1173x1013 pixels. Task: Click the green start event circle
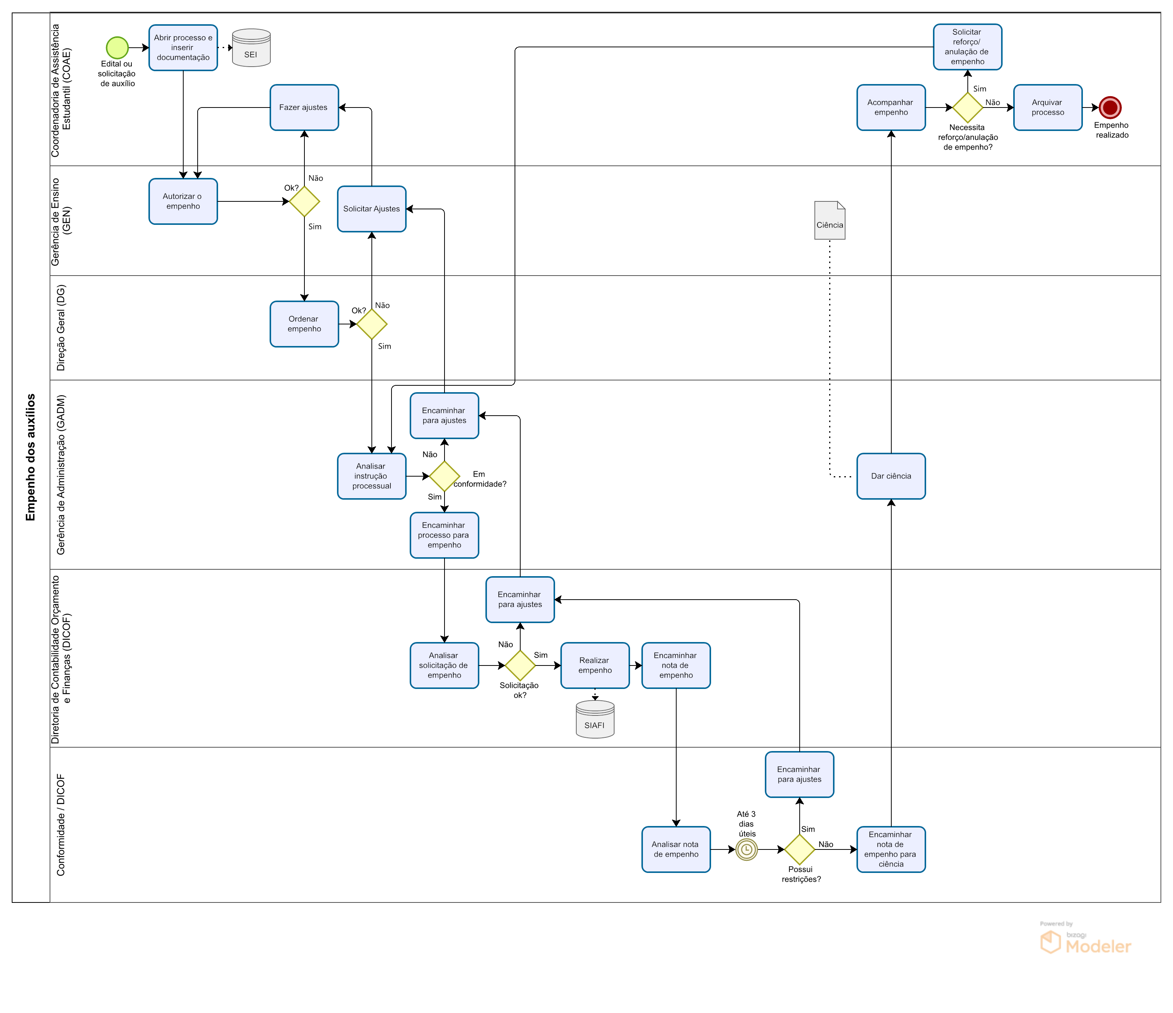point(117,48)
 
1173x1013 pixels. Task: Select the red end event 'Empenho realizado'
point(1110,107)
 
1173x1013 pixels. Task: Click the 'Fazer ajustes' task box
point(304,108)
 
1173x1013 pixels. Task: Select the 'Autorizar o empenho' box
point(183,201)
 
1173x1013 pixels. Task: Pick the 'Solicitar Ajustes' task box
point(371,209)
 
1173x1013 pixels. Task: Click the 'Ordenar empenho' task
point(304,324)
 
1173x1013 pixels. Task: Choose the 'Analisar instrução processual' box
point(371,476)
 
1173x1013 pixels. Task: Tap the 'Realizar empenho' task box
point(594,665)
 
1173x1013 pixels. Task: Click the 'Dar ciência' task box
point(891,476)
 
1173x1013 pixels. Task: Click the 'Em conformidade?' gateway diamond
point(445,476)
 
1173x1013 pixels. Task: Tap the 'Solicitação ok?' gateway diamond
point(520,665)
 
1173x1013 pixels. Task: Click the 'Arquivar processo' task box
point(1047,108)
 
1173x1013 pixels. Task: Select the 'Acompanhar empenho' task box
point(891,108)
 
